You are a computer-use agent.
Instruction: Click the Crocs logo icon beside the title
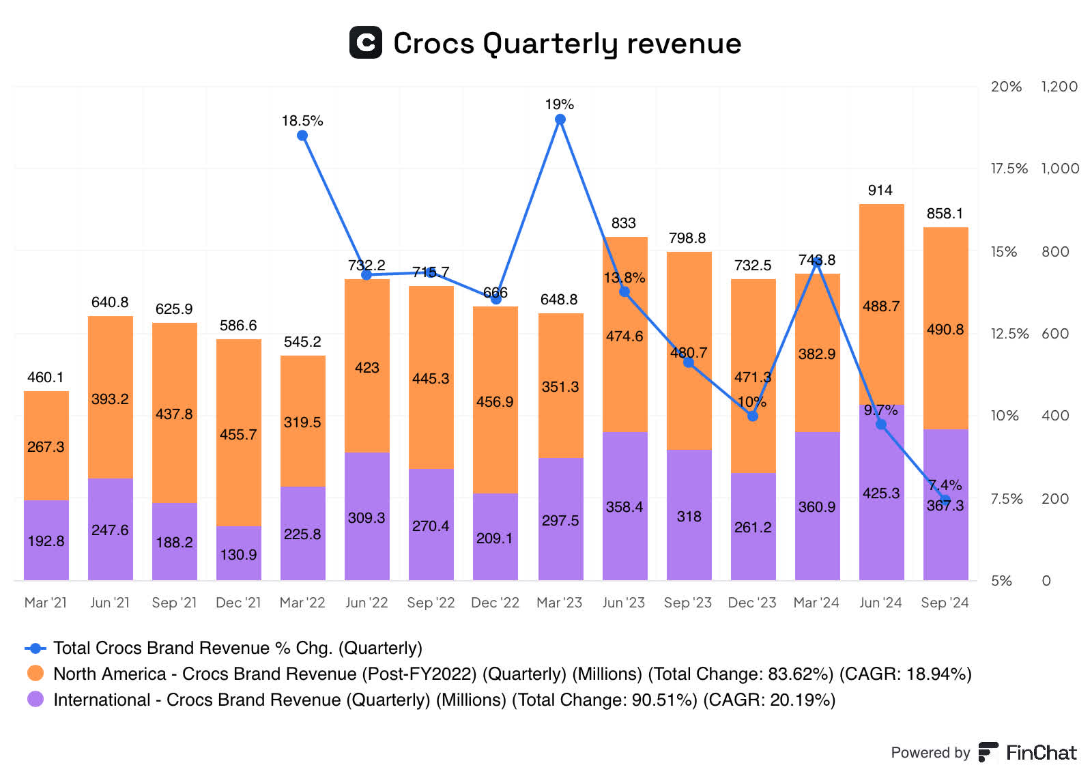click(x=365, y=42)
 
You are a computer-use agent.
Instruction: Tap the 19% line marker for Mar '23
click(x=560, y=119)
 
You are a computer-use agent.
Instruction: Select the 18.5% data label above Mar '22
click(x=302, y=121)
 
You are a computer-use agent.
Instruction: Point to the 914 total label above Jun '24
click(x=880, y=190)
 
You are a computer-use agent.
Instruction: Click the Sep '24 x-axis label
click(x=944, y=603)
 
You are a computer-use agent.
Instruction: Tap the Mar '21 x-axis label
click(x=46, y=603)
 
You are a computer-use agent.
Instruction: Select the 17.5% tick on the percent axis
click(x=1008, y=169)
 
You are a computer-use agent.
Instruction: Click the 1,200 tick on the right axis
click(x=1059, y=87)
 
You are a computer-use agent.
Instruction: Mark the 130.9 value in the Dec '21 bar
click(x=238, y=554)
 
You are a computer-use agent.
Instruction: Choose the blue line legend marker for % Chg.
click(x=35, y=648)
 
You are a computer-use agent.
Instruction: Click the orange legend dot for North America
click(x=35, y=674)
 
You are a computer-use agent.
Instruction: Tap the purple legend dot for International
click(x=35, y=700)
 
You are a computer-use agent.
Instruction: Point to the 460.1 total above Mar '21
click(x=46, y=377)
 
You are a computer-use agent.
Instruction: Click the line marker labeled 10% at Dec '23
click(x=752, y=416)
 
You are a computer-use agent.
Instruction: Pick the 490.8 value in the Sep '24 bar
click(x=945, y=330)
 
